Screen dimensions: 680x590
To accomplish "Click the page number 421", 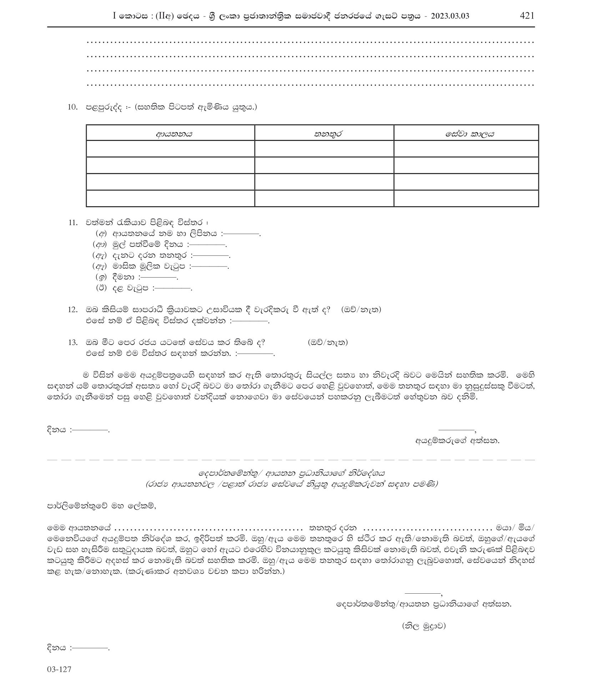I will point(527,15).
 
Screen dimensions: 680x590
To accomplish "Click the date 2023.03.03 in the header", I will point(447,16).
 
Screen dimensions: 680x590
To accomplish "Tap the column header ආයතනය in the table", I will point(174,134).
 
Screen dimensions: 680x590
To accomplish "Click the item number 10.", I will point(72,107).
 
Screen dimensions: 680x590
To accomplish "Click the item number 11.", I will point(72,223).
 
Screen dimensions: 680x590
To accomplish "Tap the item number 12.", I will point(72,310).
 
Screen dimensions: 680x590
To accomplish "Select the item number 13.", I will point(72,342).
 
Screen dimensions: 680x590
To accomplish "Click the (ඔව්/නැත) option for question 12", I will point(361,310).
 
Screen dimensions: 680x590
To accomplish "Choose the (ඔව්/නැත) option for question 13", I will point(327,342).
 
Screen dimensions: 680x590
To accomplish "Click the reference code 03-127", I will point(59,669).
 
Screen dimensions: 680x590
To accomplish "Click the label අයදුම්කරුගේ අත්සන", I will point(457,440).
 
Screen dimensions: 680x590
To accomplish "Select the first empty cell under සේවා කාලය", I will point(466,148).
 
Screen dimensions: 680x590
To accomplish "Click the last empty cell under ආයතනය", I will point(170,198).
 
